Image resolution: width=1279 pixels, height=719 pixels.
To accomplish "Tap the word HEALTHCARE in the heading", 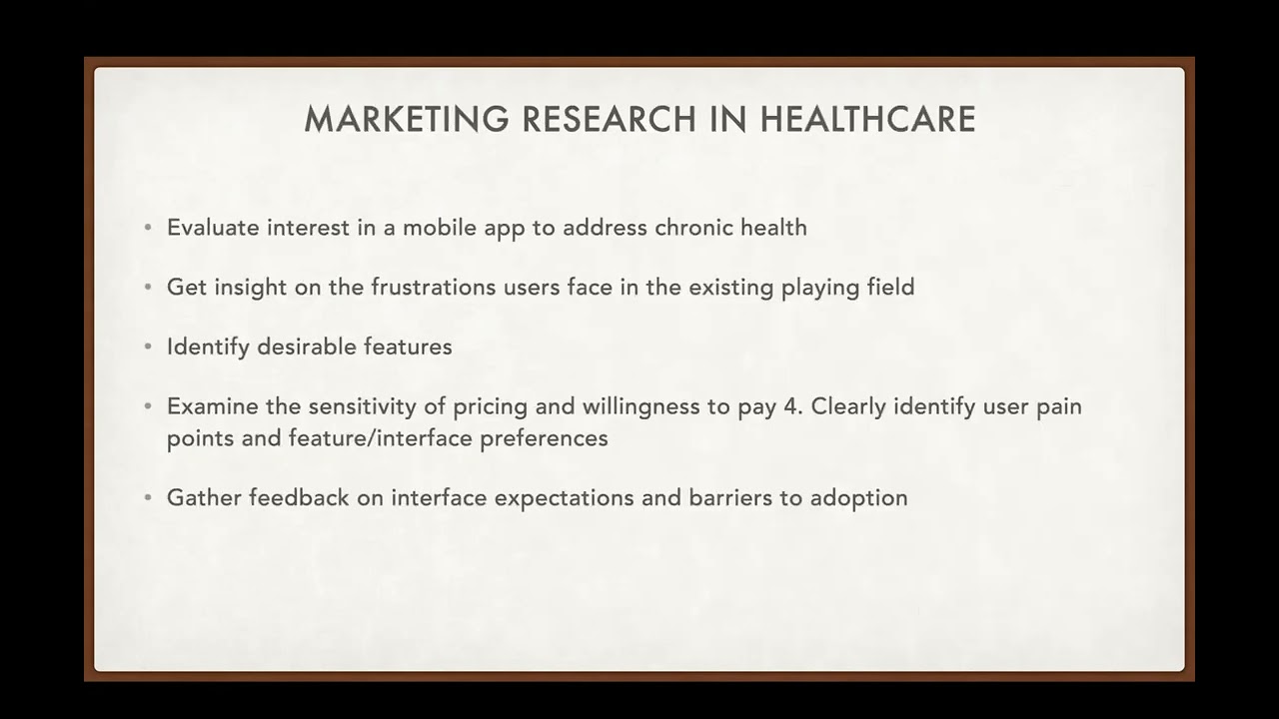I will click(x=867, y=120).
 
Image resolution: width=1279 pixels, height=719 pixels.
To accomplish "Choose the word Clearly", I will click(x=848, y=407).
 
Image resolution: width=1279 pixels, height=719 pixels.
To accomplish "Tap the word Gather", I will click(x=203, y=497).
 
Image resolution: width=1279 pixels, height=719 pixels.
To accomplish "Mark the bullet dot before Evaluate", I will click(x=148, y=228).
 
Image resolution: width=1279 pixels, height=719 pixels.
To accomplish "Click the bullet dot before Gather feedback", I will click(x=148, y=497).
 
